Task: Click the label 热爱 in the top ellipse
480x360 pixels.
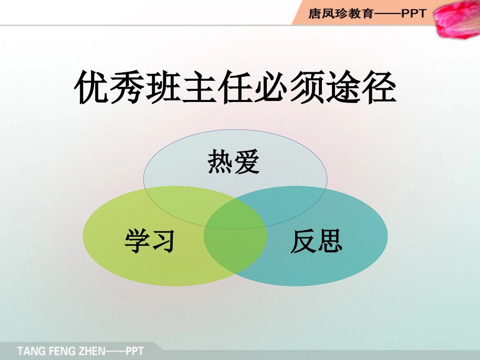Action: tap(233, 163)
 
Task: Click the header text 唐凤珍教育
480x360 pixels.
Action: tap(341, 14)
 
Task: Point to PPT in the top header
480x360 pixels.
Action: tap(414, 14)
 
